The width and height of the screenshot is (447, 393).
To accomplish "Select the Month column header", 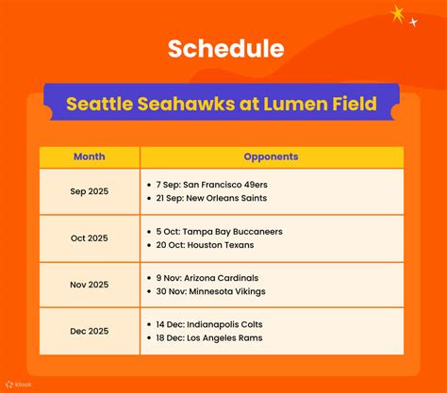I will (x=90, y=156).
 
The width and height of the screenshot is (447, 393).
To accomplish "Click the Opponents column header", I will (x=271, y=156).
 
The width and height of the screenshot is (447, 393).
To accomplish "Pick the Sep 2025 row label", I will (x=90, y=191).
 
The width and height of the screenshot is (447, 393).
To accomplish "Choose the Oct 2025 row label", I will (x=90, y=238).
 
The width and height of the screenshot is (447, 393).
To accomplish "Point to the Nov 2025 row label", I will (x=90, y=285).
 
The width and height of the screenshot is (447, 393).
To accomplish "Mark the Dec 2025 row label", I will (x=90, y=331).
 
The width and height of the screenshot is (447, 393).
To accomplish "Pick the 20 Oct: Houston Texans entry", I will (x=207, y=245).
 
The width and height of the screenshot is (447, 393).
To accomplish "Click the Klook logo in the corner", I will (x=18, y=384).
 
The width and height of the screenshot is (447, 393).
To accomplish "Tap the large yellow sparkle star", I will (x=398, y=13).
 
